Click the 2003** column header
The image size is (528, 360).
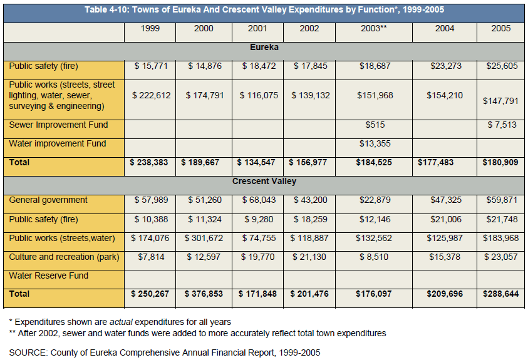point(373,29)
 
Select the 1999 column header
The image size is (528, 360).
point(150,29)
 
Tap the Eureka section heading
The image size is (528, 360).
point(264,47)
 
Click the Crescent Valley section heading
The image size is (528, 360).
point(264,182)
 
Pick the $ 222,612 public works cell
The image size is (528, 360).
point(151,96)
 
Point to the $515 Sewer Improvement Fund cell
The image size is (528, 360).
point(375,125)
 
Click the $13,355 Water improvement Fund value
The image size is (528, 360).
point(375,143)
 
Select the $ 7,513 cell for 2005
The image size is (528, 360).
point(502,125)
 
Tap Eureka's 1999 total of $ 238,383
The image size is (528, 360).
point(149,163)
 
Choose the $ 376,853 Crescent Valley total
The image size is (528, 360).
point(204,294)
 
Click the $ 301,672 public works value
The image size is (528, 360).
point(204,238)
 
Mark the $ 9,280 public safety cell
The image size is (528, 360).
point(259,219)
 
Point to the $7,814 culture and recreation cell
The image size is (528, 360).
point(151,257)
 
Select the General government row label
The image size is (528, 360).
point(48,200)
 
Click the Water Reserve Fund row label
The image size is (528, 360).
point(48,276)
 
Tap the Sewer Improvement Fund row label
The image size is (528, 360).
point(58,125)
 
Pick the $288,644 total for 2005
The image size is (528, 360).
point(500,294)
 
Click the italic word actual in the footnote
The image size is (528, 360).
point(121,322)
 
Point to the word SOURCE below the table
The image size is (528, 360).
point(28,352)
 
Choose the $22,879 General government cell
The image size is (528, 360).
point(375,200)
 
